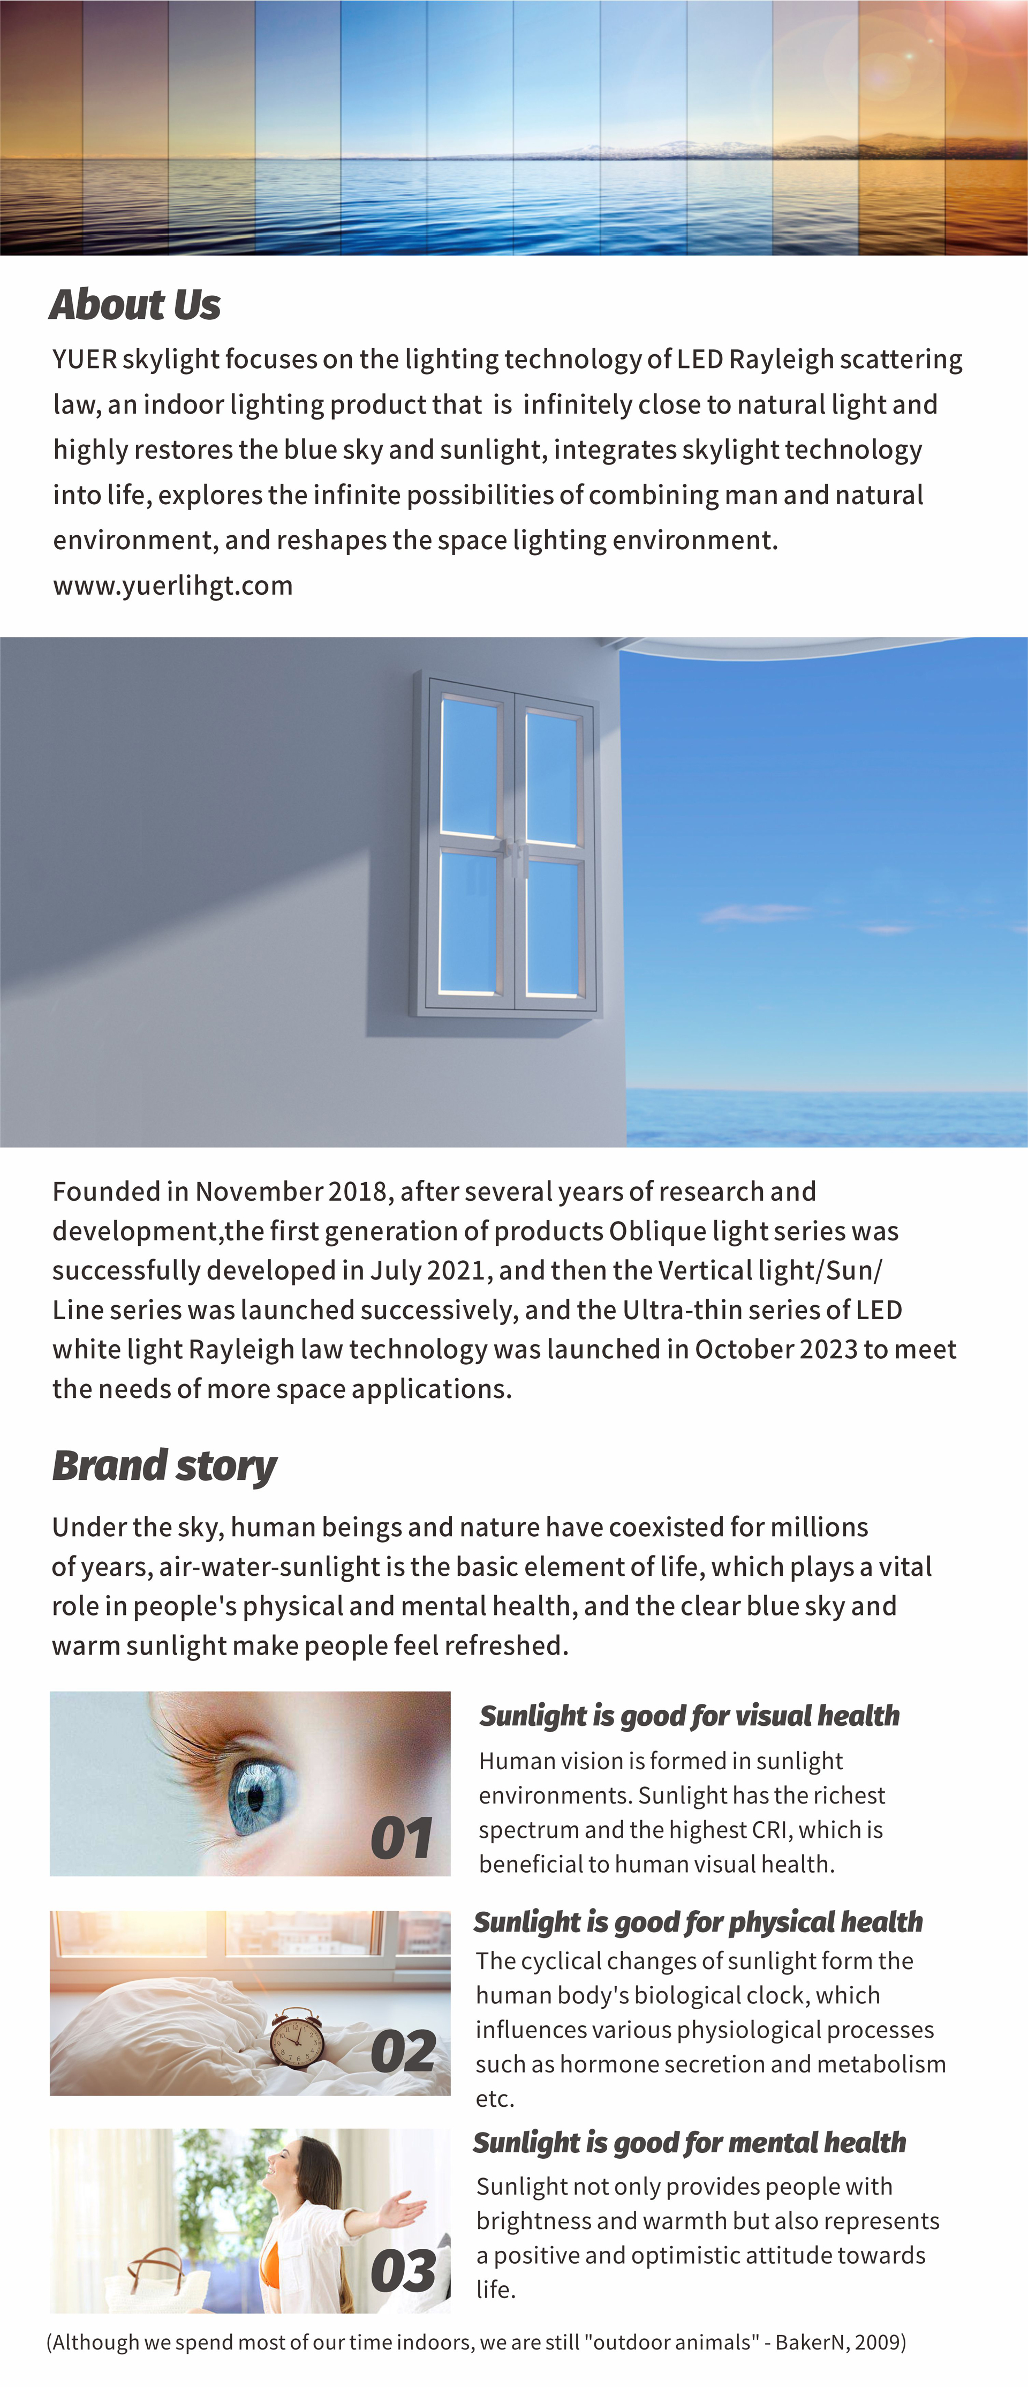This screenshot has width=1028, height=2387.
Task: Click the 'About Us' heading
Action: pos(135,305)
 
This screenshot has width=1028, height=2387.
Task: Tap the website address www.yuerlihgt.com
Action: pos(173,586)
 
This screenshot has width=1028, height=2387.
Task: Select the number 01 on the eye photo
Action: pos(401,1838)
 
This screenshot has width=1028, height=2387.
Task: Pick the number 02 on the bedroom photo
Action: pos(403,2052)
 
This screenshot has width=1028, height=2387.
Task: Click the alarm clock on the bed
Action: pos(297,2039)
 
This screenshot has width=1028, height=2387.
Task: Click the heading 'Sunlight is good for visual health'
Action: pos(689,1716)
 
